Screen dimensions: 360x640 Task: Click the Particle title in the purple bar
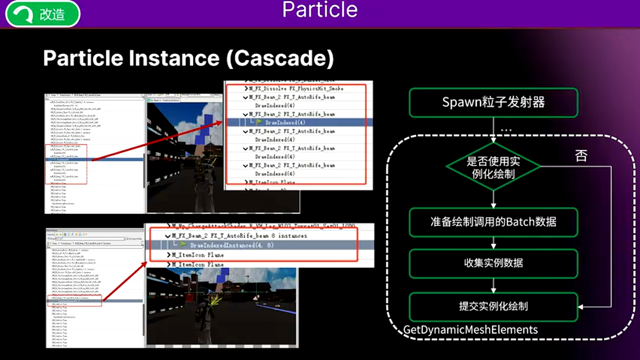pyautogui.click(x=320, y=10)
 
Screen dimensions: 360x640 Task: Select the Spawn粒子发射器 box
pyautogui.click(x=493, y=103)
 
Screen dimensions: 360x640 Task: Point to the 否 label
pyautogui.click(x=581, y=155)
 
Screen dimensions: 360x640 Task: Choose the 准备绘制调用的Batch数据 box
pyautogui.click(x=493, y=222)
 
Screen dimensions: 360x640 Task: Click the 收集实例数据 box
pyautogui.click(x=493, y=263)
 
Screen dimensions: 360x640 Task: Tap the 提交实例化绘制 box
pyautogui.click(x=493, y=306)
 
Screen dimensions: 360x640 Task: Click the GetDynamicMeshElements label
pyautogui.click(x=470, y=330)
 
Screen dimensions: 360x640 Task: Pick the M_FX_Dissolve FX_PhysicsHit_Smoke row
pyautogui.click(x=296, y=88)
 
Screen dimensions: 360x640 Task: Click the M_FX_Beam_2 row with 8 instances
pyautogui.click(x=239, y=235)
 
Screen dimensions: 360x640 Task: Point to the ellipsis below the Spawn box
pyautogui.click(x=506, y=130)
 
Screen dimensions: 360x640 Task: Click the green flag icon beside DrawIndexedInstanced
pyautogui.click(x=183, y=245)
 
